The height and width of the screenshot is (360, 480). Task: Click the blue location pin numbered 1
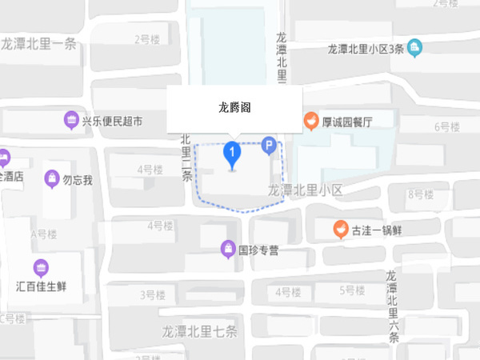coord(232,152)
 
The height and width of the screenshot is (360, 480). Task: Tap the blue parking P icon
coord(270,146)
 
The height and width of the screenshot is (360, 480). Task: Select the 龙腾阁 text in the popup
coord(234,106)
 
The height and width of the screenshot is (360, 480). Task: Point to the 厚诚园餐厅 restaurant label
coord(347,123)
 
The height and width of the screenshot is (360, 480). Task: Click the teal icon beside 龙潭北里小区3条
coord(414,48)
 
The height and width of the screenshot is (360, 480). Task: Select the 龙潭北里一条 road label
coord(39,45)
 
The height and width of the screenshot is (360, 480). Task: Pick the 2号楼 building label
coord(148,38)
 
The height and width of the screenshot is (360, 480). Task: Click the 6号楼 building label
coord(447,126)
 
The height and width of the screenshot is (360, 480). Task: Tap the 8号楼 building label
coord(420,194)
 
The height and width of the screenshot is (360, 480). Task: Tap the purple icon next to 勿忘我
coord(52,178)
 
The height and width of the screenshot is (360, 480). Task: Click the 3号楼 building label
coord(153,295)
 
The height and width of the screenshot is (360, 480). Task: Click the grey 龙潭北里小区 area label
coord(305,190)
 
